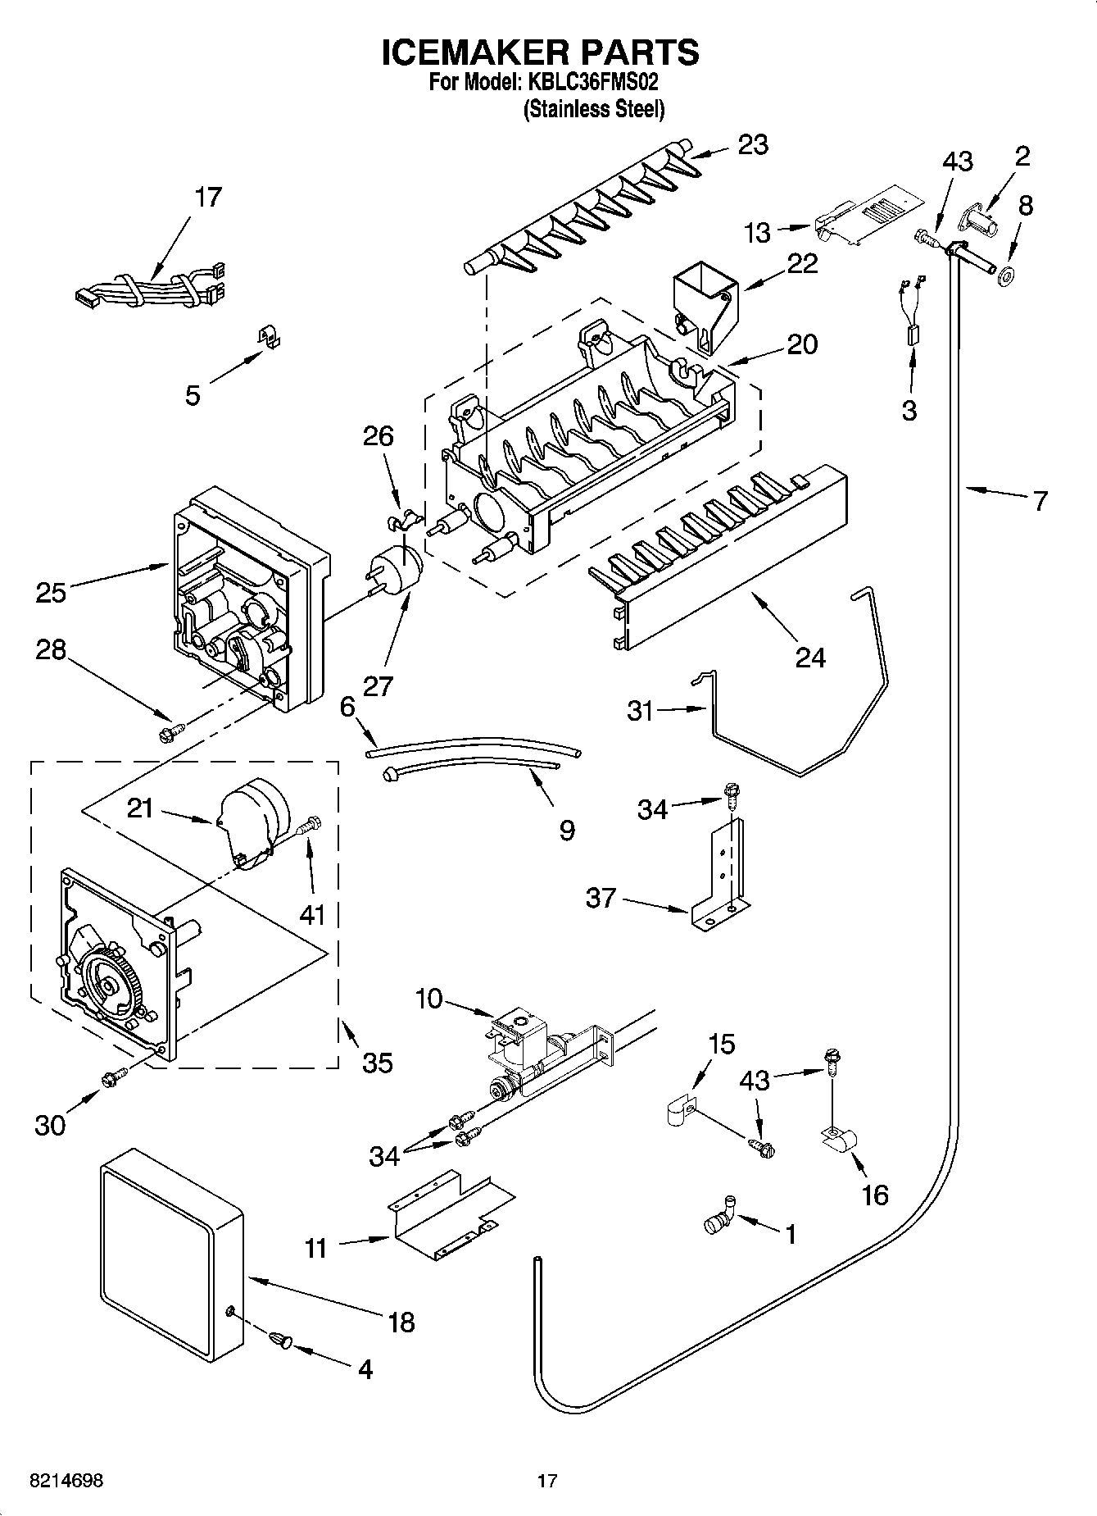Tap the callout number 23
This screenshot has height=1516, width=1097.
pyautogui.click(x=752, y=145)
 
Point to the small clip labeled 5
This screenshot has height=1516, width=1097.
pyautogui.click(x=264, y=337)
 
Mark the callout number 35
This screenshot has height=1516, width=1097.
pyautogui.click(x=377, y=1063)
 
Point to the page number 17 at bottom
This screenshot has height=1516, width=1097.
pyautogui.click(x=547, y=1480)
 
